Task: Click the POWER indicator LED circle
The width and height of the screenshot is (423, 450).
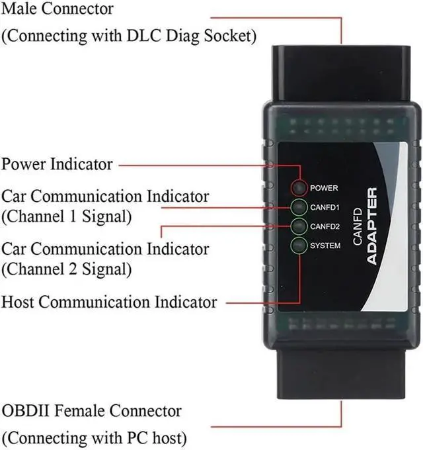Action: tap(299, 188)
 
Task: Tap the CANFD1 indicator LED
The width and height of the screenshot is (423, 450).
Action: tap(299, 207)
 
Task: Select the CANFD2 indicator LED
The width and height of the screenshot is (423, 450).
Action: tap(299, 226)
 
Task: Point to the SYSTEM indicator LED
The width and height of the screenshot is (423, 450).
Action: tap(299, 246)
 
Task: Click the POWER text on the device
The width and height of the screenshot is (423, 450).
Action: tap(324, 188)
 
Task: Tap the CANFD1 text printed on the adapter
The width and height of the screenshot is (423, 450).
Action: tap(325, 207)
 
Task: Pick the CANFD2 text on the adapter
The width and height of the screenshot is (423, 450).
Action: tap(325, 226)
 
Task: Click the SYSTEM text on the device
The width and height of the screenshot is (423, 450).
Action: tap(325, 246)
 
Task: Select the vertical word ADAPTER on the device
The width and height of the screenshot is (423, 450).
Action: tap(372, 226)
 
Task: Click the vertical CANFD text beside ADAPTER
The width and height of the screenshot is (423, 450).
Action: tap(358, 227)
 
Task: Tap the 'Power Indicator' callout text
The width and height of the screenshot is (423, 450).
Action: tap(57, 164)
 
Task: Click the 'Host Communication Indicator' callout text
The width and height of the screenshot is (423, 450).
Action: tap(109, 302)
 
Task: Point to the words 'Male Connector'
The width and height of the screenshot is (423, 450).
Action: tap(58, 9)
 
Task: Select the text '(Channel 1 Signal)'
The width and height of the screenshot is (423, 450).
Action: tap(67, 216)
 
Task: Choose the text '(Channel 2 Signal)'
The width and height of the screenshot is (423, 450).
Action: tap(67, 269)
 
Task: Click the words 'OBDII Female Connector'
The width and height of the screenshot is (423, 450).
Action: tap(91, 411)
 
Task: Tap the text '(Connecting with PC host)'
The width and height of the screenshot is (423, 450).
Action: tap(94, 438)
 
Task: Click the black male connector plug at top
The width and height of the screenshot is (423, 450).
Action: tap(341, 75)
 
